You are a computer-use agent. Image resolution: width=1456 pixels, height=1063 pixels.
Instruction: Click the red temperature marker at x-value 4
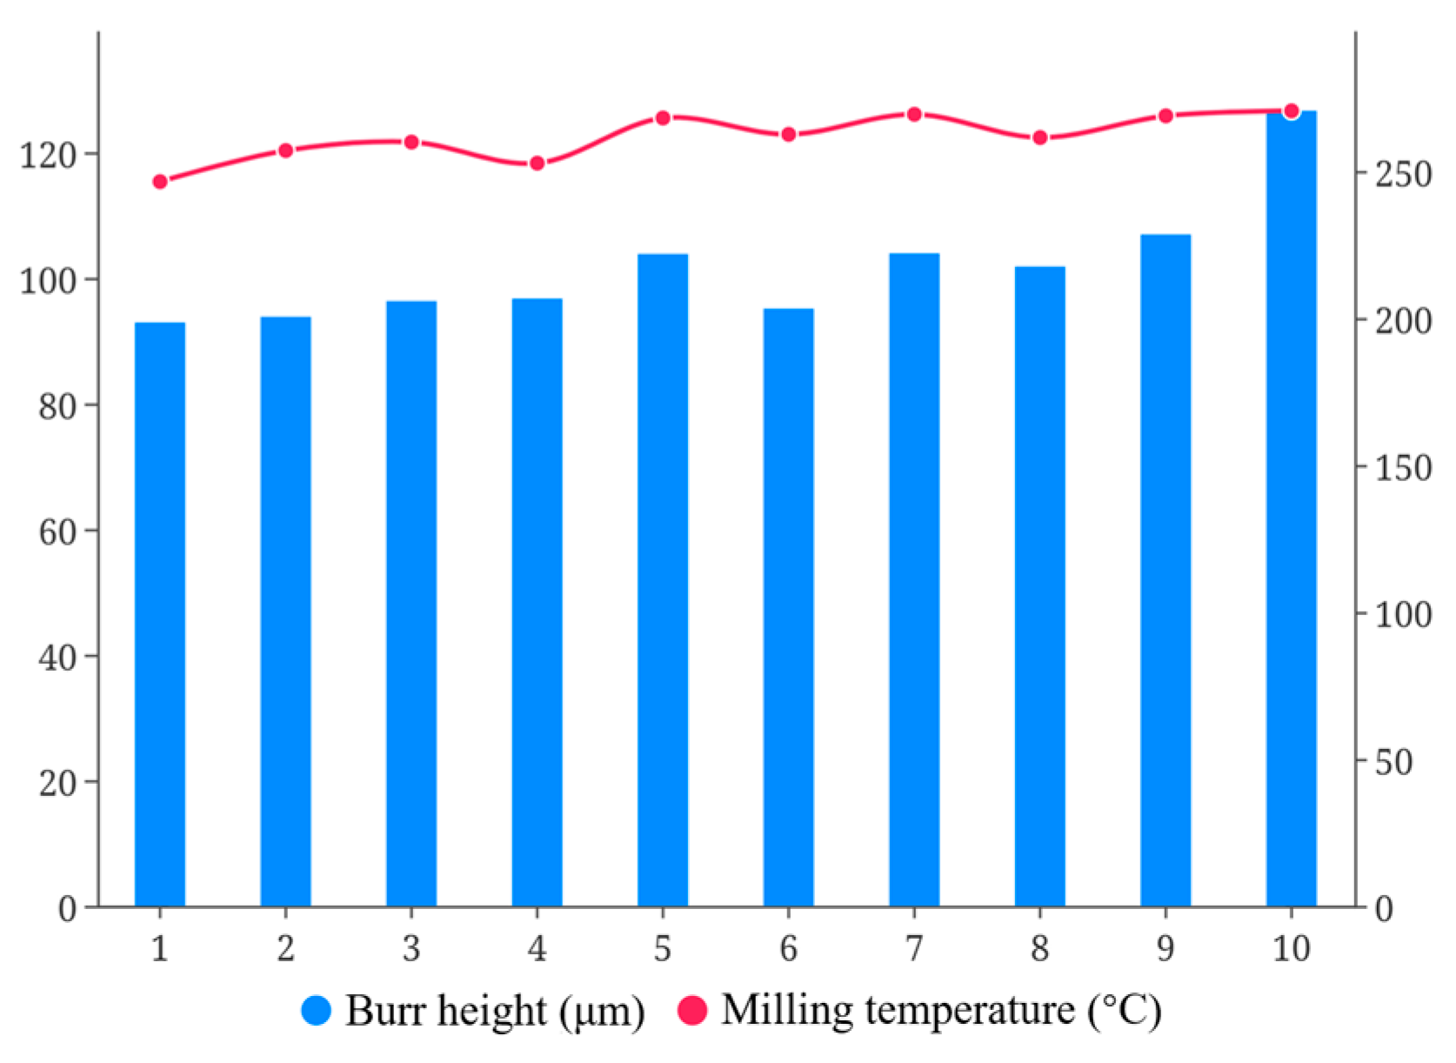pos(538,164)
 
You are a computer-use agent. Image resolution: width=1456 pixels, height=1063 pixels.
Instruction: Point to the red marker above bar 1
pos(160,182)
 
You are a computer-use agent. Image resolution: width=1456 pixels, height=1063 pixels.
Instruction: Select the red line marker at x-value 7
pos(914,115)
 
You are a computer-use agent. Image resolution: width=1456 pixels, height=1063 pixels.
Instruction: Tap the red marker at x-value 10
pos(1292,111)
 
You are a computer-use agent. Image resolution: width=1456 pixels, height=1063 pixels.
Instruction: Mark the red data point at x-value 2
pos(285,150)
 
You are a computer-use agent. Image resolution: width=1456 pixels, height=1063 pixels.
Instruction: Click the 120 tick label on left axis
pos(48,156)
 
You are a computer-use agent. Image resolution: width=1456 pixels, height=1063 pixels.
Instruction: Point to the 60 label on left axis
pos(57,531)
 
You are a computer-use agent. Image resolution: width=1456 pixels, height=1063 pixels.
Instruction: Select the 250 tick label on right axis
pos(1403,174)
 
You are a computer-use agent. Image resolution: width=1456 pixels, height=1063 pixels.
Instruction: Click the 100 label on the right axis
pos(1403,615)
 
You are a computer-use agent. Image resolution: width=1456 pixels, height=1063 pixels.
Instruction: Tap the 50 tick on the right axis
pos(1393,762)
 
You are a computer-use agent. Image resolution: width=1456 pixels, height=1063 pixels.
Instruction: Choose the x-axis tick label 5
pos(663,948)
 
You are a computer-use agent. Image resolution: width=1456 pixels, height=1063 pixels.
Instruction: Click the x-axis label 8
pos(1040,948)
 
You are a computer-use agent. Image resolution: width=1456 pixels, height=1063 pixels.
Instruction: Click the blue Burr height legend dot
pos(317,1010)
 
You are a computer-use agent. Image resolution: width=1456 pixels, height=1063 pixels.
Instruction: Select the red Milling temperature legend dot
pos(692,1010)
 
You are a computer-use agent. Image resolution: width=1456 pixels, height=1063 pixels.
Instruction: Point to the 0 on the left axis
pos(67,909)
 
